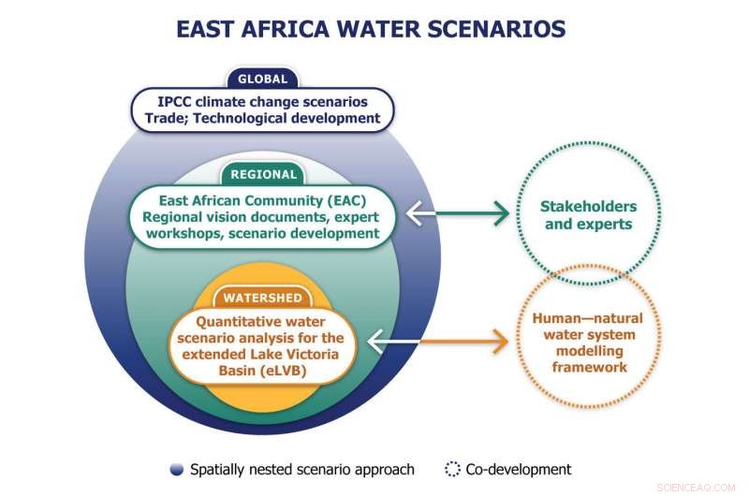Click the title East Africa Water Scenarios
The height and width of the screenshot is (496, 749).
[371, 29]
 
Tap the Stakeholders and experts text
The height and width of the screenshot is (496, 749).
[589, 215]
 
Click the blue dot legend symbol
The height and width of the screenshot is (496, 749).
[176, 469]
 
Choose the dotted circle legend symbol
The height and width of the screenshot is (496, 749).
[452, 469]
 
